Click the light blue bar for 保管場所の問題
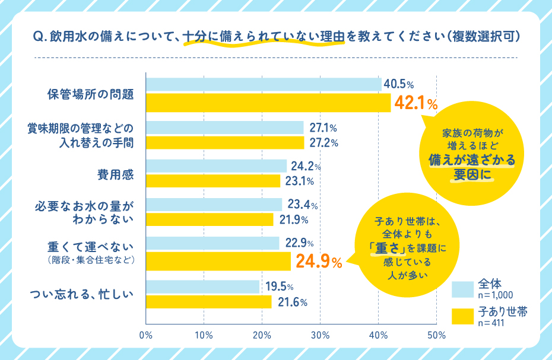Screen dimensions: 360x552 tap(263, 85)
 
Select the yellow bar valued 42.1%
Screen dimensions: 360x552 tap(268, 103)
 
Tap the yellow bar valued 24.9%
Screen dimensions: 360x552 tap(218, 261)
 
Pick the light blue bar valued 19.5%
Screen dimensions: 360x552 tap(202, 287)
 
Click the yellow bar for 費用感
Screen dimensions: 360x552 tap(212, 181)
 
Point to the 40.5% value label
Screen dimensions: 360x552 tap(398, 85)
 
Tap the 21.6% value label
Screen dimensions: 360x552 tap(291, 302)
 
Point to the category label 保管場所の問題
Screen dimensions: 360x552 tap(90, 94)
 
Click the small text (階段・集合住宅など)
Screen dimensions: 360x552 tap(89, 260)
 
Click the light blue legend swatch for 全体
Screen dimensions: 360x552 tap(461, 288)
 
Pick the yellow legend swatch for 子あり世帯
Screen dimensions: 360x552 tap(461, 316)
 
